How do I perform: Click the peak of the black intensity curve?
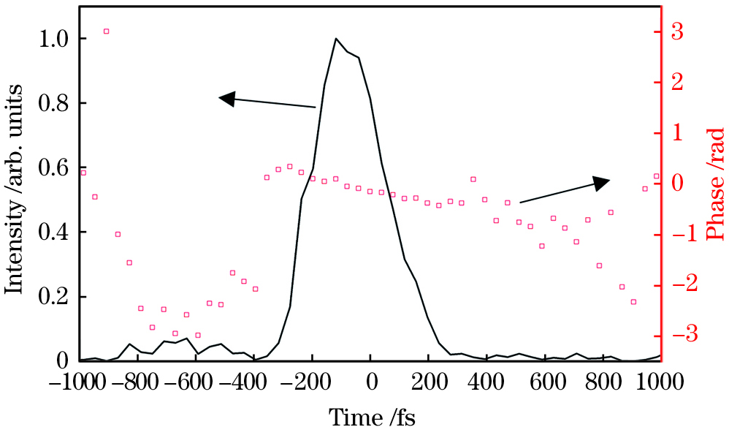[x=335, y=39]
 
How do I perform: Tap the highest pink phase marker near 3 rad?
[x=106, y=31]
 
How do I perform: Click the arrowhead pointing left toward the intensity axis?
[x=226, y=98]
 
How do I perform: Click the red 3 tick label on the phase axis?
[x=678, y=31]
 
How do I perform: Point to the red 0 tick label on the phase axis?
[x=678, y=183]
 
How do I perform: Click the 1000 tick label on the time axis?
[x=658, y=382]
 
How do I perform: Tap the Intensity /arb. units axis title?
[x=15, y=188]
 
